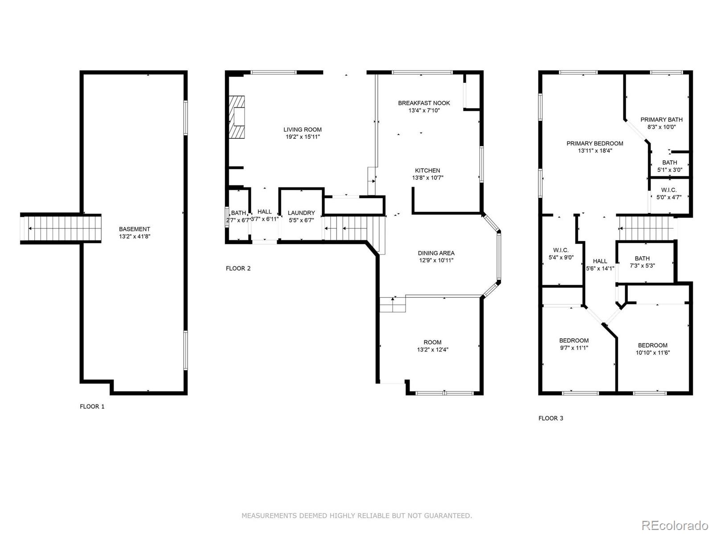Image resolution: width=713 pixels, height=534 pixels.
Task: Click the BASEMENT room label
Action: coord(134,229)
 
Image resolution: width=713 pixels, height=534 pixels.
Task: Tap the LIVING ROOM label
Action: coord(303,129)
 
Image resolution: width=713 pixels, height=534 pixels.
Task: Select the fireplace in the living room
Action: coord(238,117)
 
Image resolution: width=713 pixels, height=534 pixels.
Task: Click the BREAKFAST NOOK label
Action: coord(424,103)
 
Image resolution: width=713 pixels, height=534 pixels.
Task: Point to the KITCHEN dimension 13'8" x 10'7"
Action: coord(427,178)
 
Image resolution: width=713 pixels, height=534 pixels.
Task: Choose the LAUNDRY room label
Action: coord(301,213)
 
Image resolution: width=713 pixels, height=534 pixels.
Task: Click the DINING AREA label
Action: coord(436,253)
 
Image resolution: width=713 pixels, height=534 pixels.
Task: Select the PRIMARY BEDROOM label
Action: coord(594,143)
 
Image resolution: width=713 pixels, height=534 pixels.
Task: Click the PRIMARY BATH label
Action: coord(661,119)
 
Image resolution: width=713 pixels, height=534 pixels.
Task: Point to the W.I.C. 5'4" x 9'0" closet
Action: coord(561,254)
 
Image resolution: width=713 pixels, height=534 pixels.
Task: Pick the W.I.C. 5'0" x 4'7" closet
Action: coord(668,194)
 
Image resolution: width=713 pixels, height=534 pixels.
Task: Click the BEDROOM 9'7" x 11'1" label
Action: coord(574,340)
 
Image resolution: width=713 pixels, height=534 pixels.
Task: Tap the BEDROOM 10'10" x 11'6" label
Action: coord(652,345)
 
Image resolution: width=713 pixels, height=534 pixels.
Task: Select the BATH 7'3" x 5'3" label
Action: coord(642,258)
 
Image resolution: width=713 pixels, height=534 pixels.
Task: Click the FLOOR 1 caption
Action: coord(92,406)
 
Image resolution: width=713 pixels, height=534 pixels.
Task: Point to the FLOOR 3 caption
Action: coord(551,418)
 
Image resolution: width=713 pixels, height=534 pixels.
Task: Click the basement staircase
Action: coord(60,229)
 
